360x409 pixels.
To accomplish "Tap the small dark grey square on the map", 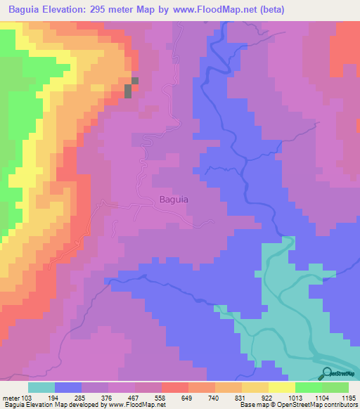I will point(129,91).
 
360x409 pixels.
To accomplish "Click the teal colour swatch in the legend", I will point(41,387).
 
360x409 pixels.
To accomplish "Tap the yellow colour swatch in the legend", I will point(281,387).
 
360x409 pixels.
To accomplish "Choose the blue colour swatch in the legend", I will point(67,387).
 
